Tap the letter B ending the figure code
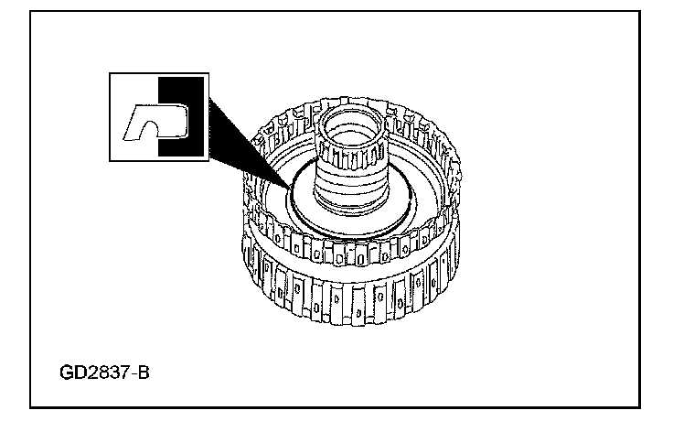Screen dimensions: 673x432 [x=144, y=375]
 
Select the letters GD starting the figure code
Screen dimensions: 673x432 [x=70, y=375]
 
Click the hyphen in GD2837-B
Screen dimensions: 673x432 [x=134, y=376]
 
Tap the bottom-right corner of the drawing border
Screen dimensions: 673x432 [x=640, y=406]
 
